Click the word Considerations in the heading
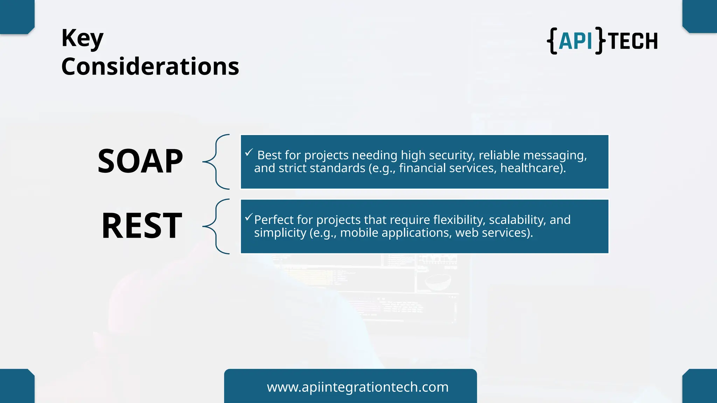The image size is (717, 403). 150,66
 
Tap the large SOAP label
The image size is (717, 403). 140,161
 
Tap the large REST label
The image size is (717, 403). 142,226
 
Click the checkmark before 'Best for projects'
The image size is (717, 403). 249,153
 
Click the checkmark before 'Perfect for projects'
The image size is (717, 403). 249,217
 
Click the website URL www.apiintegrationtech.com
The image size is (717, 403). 357,387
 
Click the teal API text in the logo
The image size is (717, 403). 575,41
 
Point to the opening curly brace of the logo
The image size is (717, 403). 552,41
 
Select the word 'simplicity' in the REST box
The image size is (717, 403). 280,233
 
